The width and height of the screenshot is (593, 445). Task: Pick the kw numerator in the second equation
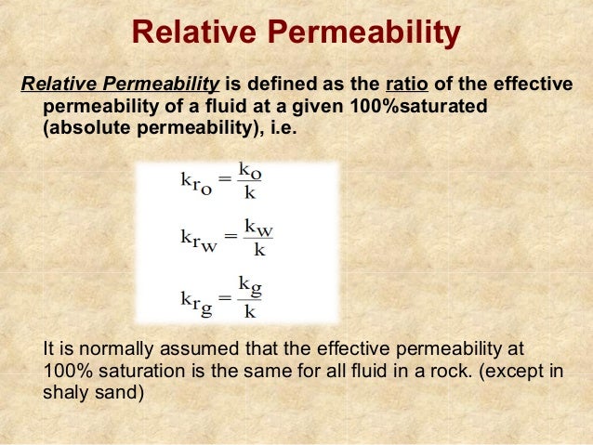point(257,227)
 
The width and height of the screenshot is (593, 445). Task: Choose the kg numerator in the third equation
point(249,284)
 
